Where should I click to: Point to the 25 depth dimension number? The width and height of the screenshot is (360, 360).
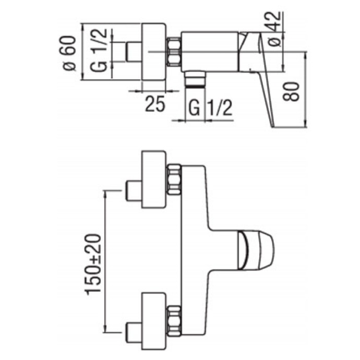[154, 104]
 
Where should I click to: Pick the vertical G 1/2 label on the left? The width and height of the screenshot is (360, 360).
[102, 51]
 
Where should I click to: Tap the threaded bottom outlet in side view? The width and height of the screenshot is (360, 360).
[195, 79]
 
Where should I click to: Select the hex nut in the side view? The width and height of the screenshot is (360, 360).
[173, 52]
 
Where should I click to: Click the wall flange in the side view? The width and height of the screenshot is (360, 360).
[153, 52]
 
